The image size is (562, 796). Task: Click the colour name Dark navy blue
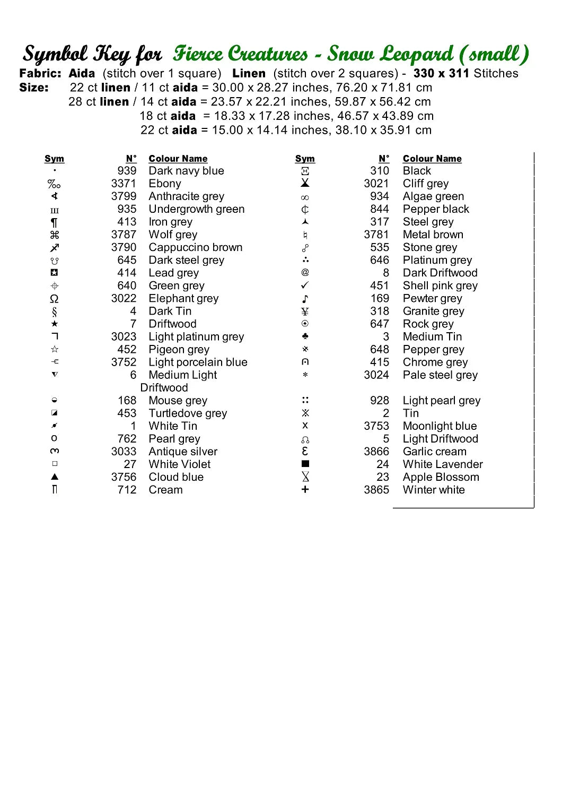click(186, 171)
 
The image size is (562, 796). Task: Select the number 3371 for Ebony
click(124, 184)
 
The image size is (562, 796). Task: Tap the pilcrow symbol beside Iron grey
click(54, 222)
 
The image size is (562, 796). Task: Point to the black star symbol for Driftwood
click(54, 324)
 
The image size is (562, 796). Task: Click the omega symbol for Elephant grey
click(54, 299)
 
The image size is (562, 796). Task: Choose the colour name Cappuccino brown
click(195, 247)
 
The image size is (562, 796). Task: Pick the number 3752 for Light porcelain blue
click(124, 362)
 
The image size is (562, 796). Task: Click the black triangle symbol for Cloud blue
click(54, 477)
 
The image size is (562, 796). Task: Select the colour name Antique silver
click(183, 452)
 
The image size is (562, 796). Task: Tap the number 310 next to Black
click(380, 171)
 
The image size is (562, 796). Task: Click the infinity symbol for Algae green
click(305, 197)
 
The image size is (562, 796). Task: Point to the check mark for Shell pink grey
click(305, 285)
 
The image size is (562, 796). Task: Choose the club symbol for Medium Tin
click(305, 336)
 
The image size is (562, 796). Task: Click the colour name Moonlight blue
click(440, 426)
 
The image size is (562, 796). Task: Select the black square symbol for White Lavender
click(305, 464)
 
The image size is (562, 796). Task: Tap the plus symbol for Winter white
click(305, 490)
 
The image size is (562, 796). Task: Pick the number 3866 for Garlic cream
click(376, 452)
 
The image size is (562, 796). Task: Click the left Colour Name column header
click(178, 159)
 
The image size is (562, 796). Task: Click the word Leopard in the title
click(417, 54)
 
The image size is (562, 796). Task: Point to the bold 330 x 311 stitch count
click(442, 73)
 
